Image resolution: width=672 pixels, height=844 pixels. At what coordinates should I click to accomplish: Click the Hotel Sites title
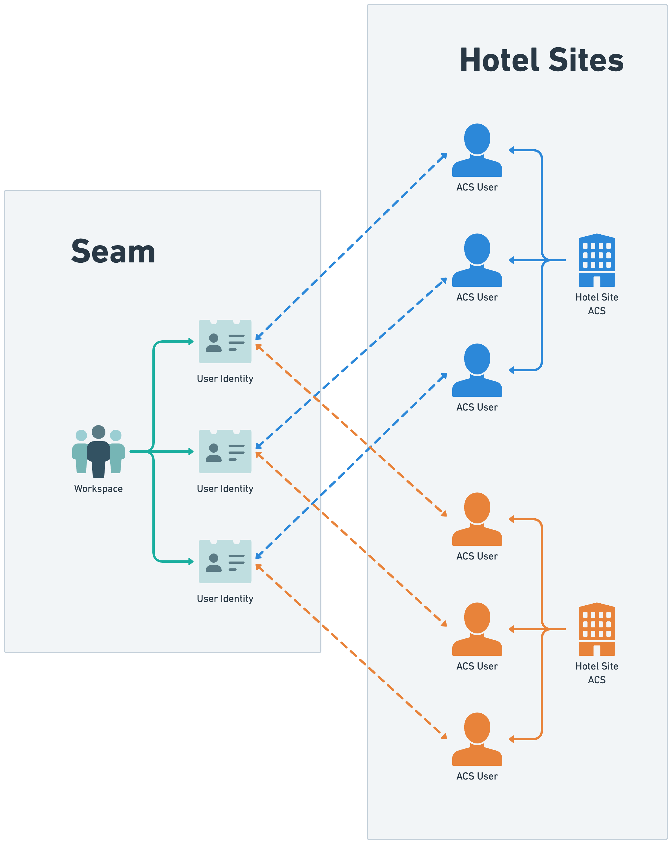pyautogui.click(x=541, y=60)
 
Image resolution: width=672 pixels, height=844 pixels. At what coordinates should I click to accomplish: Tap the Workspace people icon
pyautogui.click(x=98, y=451)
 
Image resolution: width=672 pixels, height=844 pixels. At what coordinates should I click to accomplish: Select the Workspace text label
pyautogui.click(x=98, y=488)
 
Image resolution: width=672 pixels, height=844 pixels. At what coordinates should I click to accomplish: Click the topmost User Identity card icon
pyautogui.click(x=225, y=341)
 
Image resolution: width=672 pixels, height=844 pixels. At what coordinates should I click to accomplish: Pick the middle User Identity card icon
pyautogui.click(x=225, y=451)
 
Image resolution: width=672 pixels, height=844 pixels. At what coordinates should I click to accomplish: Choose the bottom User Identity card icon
pyautogui.click(x=225, y=561)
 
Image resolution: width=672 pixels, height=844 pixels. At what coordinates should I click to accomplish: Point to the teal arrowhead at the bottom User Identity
pyautogui.click(x=191, y=561)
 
